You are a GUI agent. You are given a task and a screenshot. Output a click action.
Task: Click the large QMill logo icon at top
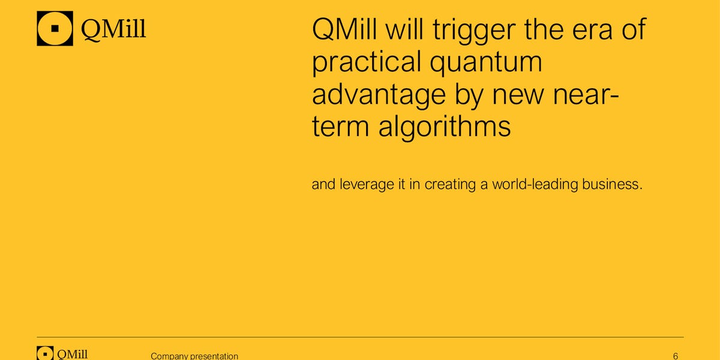55,28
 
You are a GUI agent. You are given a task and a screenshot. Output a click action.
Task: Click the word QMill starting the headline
344,29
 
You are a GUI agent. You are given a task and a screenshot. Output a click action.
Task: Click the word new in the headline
517,97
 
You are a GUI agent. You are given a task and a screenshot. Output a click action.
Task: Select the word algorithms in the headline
445,128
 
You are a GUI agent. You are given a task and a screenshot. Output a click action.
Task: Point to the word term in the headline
341,127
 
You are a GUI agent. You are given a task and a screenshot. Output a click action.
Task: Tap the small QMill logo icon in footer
45,353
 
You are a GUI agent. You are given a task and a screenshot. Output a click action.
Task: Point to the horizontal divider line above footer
361,337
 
